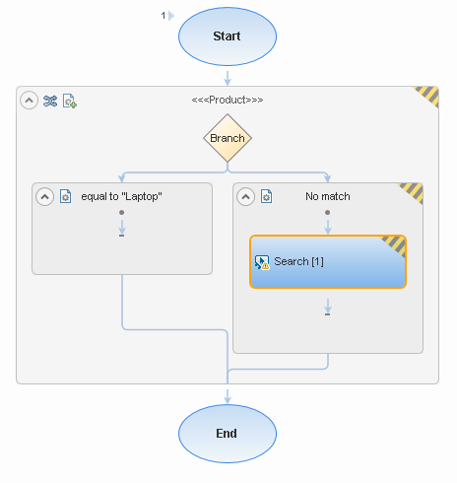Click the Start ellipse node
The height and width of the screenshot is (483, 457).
(228, 36)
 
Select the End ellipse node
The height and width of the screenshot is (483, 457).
(228, 434)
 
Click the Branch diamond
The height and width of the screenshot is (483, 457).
(228, 138)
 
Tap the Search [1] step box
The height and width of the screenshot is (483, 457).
(328, 262)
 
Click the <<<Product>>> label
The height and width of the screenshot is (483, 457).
(228, 100)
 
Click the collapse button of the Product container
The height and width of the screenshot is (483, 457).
(29, 101)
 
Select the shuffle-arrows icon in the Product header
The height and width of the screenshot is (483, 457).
(50, 101)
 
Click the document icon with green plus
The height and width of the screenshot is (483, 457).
(70, 101)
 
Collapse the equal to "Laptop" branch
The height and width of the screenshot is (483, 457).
(44, 197)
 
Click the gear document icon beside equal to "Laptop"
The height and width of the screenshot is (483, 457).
(65, 196)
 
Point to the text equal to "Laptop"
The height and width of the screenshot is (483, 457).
(121, 196)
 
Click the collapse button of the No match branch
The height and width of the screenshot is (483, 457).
(245, 197)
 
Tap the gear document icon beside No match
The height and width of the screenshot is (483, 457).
(266, 196)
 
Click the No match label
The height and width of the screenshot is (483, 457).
(328, 196)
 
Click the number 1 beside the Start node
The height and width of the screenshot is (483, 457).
(163, 16)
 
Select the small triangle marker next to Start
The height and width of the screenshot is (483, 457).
(171, 16)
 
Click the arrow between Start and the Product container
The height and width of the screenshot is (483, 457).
(228, 78)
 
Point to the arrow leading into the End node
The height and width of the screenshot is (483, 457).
(228, 396)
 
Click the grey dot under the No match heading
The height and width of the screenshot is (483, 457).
(327, 213)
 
